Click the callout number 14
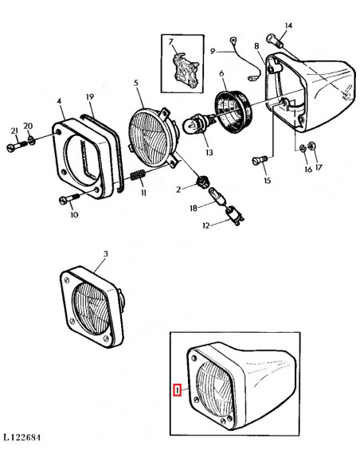click(x=288, y=26)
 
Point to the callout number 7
click(x=170, y=41)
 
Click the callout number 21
click(x=14, y=130)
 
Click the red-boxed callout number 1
click(x=178, y=390)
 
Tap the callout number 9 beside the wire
click(x=213, y=52)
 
